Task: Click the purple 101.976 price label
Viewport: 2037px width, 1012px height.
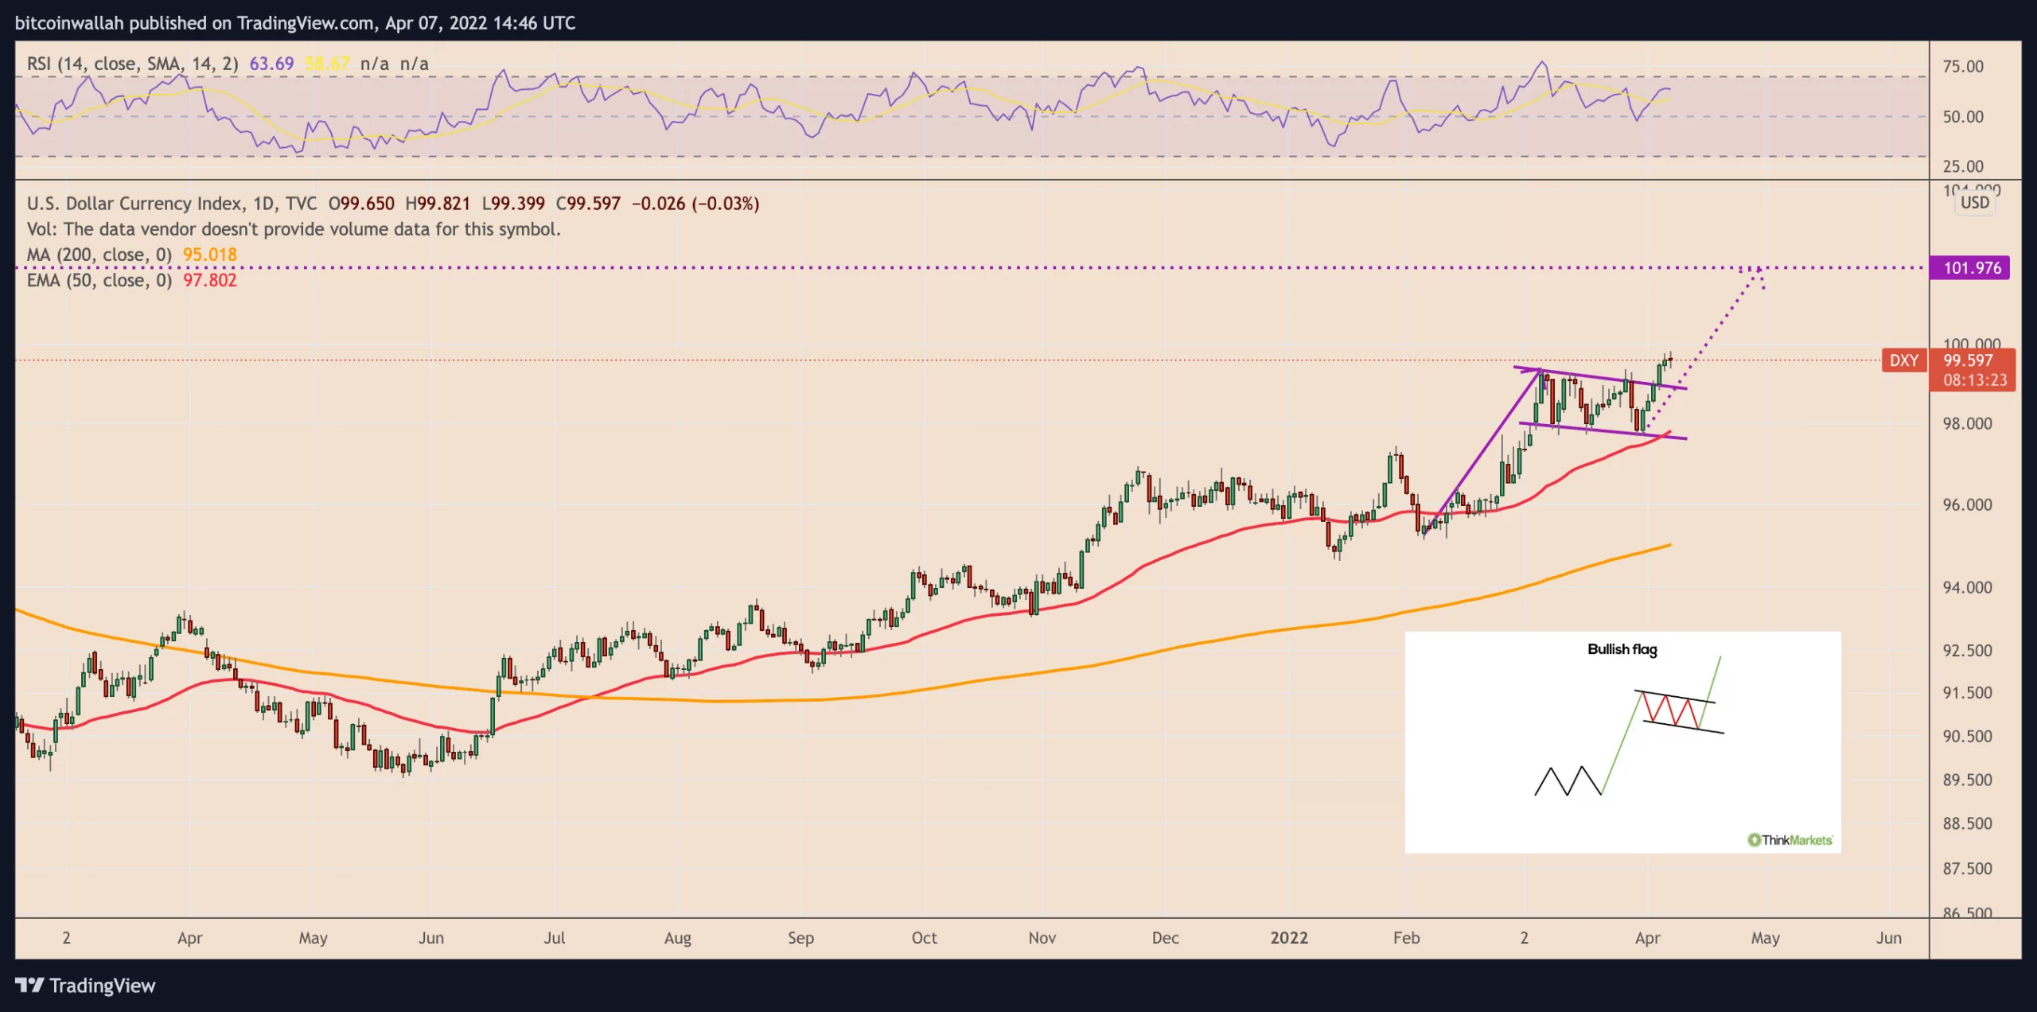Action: coord(1970,268)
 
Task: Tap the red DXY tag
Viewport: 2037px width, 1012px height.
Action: coord(1903,360)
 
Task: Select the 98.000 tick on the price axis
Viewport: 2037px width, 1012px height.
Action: coord(1967,423)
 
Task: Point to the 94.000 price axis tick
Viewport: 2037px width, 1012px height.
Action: coord(1967,587)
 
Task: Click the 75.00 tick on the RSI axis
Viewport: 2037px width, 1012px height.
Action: coord(1963,67)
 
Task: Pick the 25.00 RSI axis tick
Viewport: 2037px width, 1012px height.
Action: coord(1963,166)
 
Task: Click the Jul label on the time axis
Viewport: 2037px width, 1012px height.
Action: coord(554,937)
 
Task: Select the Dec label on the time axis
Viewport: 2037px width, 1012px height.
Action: coord(1165,937)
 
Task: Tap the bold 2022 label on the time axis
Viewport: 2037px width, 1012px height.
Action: coord(1288,937)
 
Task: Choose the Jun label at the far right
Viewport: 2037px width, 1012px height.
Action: coord(1888,937)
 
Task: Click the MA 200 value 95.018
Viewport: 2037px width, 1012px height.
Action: coord(209,255)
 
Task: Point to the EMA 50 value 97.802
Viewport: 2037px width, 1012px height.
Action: coord(209,280)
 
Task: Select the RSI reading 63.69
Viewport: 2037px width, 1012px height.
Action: coord(271,64)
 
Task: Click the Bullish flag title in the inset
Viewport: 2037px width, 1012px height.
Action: coord(1622,649)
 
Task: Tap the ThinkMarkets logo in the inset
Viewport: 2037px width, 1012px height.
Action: coord(1790,839)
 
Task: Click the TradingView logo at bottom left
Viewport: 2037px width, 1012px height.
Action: coord(86,986)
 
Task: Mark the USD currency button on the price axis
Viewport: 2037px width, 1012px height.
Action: coord(1975,202)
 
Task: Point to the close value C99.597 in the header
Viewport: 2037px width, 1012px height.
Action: coord(588,204)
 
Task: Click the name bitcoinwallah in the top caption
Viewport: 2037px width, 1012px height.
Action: coord(69,23)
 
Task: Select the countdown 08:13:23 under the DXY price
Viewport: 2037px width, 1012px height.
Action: coord(1975,380)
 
